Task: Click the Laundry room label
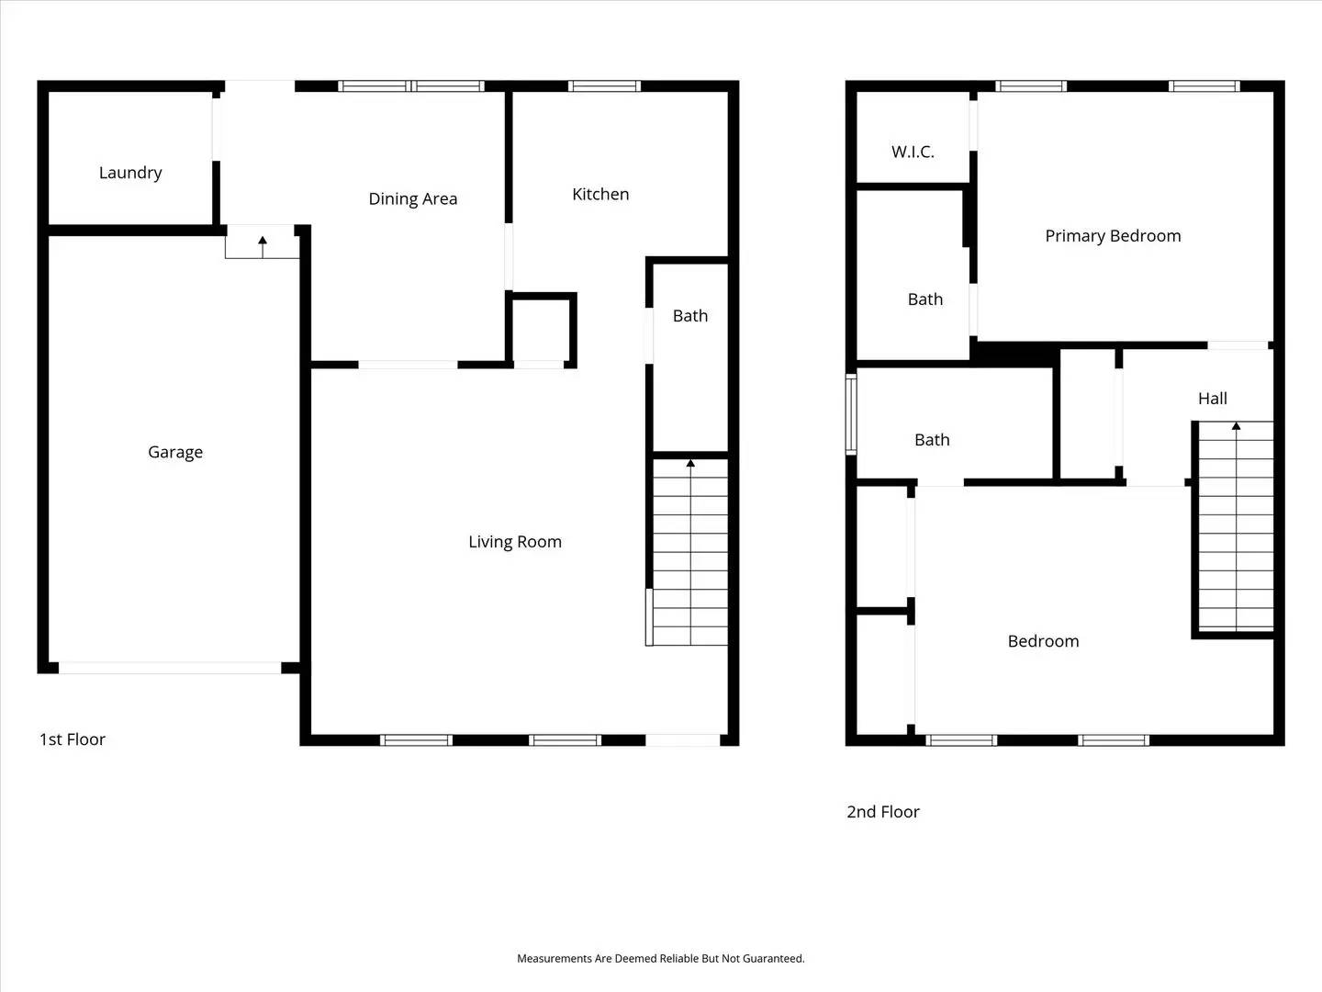130,173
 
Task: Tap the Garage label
175,452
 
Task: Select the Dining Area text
412,199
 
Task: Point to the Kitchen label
600,194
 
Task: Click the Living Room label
514,542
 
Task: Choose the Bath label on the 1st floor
690,316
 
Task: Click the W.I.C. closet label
913,152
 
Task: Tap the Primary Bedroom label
1113,236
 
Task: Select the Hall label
1212,399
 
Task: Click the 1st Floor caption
73,739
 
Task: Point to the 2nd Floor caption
882,812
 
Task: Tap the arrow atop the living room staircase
690,464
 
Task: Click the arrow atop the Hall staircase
1236,426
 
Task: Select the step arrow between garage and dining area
263,242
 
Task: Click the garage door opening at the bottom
170,668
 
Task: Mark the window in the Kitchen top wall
604,86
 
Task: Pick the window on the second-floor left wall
851,413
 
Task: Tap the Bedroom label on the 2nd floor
1043,641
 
